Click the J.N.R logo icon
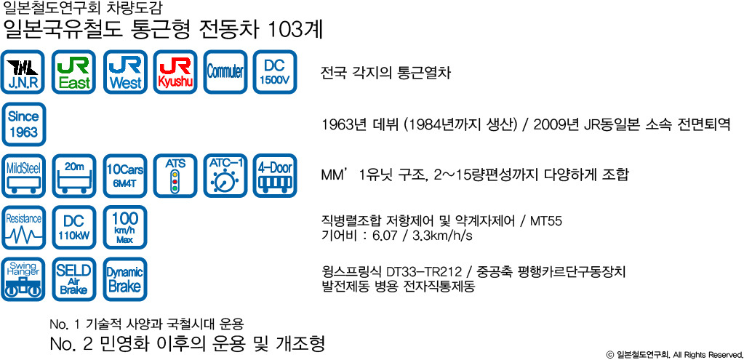23,71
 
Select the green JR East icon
73,71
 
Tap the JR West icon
125,71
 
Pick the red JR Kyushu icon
175,71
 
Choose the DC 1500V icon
275,71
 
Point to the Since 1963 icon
23,124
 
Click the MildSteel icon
23,175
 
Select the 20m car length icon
73,175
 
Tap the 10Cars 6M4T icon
125,175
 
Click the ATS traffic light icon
175,175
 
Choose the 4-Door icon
275,175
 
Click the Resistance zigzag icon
23,227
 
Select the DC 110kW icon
73,227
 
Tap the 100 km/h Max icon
125,227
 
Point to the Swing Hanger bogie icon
23,279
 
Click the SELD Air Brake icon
73,279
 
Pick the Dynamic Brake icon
125,279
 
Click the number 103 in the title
284,31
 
